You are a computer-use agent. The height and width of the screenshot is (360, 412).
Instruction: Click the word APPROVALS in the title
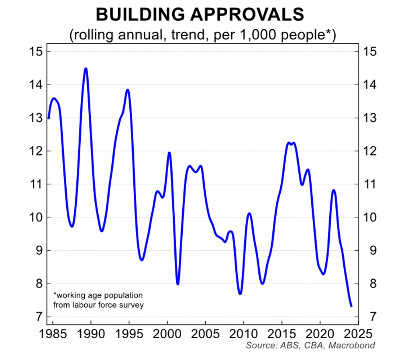(249, 15)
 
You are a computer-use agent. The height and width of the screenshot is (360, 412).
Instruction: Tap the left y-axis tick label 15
(36, 52)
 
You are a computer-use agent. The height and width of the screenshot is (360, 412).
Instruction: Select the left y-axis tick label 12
(36, 151)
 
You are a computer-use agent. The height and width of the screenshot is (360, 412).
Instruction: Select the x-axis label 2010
(243, 334)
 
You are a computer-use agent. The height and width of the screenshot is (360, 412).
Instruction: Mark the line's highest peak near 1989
(86, 69)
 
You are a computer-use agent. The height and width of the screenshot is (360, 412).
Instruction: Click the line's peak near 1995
(128, 90)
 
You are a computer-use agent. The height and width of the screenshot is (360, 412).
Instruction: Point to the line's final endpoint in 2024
(352, 307)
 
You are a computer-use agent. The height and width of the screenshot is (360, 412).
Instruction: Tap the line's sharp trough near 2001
(177, 284)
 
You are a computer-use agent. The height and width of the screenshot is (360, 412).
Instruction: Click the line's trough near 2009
(240, 294)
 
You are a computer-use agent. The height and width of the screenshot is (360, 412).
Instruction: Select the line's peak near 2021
(333, 190)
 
